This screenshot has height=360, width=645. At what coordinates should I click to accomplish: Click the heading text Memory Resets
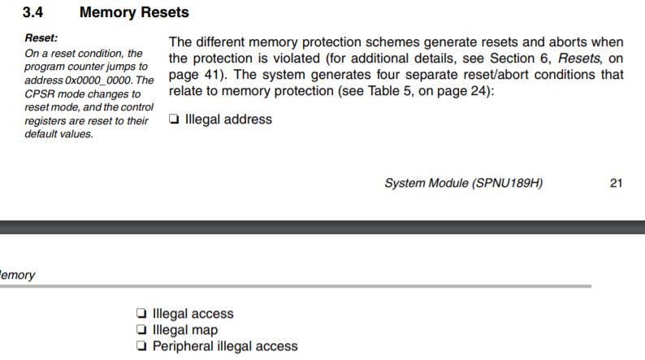point(134,12)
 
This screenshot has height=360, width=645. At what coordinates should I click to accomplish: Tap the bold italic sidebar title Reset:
point(41,37)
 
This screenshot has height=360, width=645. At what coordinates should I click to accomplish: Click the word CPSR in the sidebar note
point(39,93)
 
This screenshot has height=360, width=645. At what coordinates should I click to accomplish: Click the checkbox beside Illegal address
point(174,119)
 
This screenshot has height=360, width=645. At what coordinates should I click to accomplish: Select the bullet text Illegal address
point(228,119)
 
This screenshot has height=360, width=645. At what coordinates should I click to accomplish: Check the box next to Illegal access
point(142,314)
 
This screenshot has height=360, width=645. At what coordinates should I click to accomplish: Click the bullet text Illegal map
point(185,330)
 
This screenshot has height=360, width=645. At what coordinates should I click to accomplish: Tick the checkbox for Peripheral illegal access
point(142,346)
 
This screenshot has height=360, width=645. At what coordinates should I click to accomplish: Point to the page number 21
point(616,183)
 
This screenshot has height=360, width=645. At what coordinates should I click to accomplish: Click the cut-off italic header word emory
point(18,275)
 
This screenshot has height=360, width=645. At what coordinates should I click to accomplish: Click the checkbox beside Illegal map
point(142,330)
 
